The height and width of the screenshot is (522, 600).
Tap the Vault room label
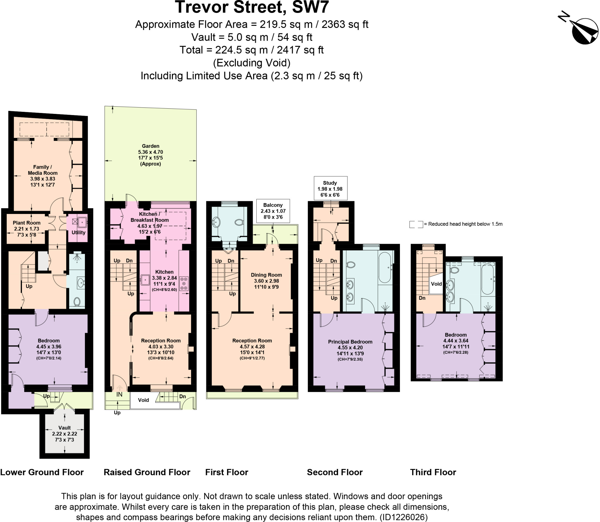[x=64, y=428]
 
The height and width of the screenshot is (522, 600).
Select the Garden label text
[x=151, y=146]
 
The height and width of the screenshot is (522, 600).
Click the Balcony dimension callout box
[x=273, y=211]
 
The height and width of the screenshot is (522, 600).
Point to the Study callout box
[x=330, y=189]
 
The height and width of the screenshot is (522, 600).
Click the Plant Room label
[x=26, y=223]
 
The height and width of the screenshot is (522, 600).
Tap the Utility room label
[x=78, y=232]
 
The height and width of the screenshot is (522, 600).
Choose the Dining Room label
[x=266, y=275]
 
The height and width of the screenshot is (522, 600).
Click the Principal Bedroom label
[x=350, y=342]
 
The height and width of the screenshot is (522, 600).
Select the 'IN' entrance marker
[x=119, y=395]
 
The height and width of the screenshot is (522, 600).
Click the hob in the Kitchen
[x=184, y=283]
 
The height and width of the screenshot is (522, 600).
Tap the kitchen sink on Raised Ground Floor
[x=145, y=280]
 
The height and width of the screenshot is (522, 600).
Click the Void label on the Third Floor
[x=436, y=284]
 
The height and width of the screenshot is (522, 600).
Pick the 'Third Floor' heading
[x=433, y=472]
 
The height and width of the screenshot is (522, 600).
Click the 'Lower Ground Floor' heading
[x=42, y=472]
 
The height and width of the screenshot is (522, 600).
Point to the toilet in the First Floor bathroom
[x=239, y=223]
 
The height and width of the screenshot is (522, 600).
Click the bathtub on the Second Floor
[x=385, y=267]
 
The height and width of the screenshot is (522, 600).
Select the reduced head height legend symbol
[x=416, y=224]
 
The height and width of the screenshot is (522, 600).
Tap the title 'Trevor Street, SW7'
[x=252, y=7]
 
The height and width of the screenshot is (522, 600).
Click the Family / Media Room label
[x=42, y=170]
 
